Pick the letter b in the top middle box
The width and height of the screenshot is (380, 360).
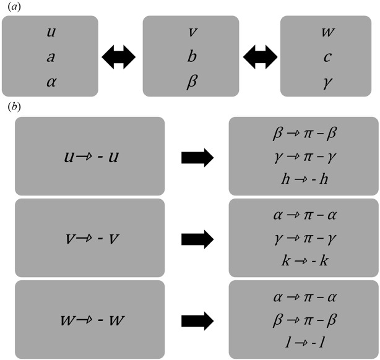[190, 56]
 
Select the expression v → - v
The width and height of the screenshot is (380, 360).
[90, 238]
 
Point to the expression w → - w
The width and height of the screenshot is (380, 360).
[90, 320]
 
